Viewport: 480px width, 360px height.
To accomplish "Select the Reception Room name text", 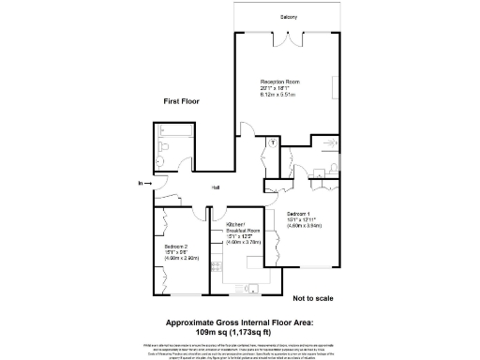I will (277, 82).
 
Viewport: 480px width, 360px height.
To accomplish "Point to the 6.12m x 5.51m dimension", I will (277, 95).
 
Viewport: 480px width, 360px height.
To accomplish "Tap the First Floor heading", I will (182, 100).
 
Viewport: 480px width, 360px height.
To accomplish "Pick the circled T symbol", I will (272, 142).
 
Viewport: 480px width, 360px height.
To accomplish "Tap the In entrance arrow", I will (141, 183).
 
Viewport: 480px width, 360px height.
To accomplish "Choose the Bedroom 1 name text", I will (300, 214).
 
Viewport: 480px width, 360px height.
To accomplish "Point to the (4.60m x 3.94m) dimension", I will (305, 225).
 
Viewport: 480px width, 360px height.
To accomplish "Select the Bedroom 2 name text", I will (177, 245).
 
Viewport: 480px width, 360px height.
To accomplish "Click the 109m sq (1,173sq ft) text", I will (239, 331).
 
